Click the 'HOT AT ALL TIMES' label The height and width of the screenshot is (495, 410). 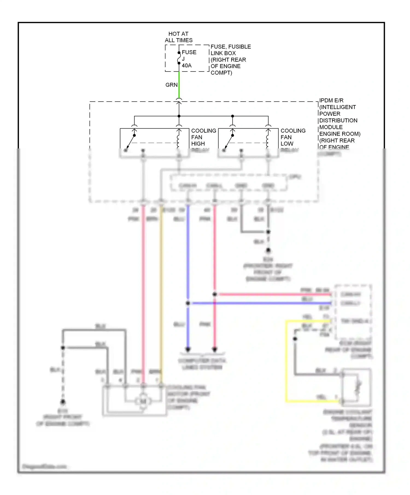pyautogui.click(x=178, y=37)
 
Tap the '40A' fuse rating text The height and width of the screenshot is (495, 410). pyautogui.click(x=187, y=65)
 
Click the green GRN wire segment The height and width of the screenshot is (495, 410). pyautogui.click(x=179, y=85)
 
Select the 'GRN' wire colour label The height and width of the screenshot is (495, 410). pyautogui.click(x=171, y=85)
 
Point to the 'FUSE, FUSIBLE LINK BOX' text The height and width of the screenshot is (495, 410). pyautogui.click(x=230, y=50)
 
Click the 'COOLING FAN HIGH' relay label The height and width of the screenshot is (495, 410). pyautogui.click(x=203, y=137)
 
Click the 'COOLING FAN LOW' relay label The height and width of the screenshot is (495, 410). pyautogui.click(x=293, y=137)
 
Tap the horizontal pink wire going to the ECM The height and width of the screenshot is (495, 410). pyautogui.click(x=273, y=294)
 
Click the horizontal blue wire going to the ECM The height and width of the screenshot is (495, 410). pyautogui.click(x=260, y=303)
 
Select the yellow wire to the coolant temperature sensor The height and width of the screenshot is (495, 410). pyautogui.click(x=286, y=360)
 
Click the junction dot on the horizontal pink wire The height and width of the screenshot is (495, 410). pyautogui.click(x=215, y=294)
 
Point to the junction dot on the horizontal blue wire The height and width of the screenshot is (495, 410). pyautogui.click(x=188, y=303)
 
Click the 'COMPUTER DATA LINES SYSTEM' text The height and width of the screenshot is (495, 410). pyautogui.click(x=202, y=364)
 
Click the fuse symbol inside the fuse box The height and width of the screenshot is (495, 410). pyautogui.click(x=179, y=58)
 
